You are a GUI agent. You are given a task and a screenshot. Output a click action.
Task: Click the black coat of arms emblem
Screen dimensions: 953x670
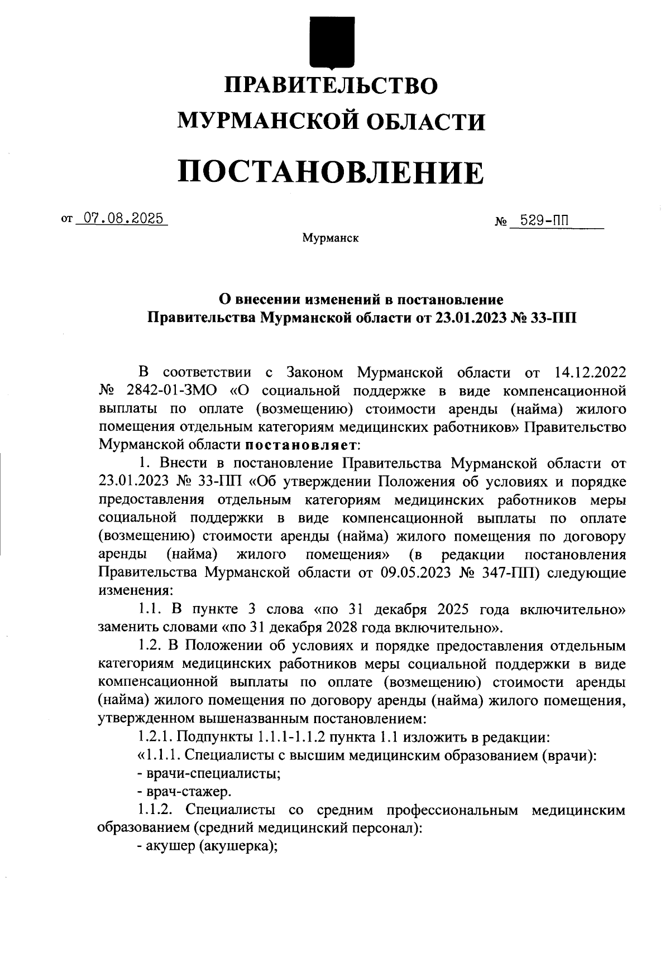click(x=332, y=42)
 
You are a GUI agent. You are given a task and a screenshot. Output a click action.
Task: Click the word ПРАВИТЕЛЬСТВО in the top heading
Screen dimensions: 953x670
click(x=331, y=85)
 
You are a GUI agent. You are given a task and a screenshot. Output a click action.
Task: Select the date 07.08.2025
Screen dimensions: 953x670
click(x=123, y=218)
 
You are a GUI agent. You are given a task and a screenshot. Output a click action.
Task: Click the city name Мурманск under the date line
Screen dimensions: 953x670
click(x=331, y=238)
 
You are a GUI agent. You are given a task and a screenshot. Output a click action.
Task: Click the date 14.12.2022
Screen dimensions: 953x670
click(x=590, y=373)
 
